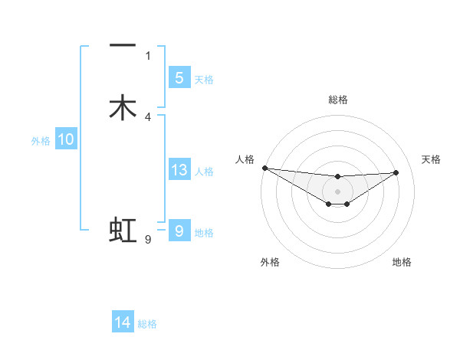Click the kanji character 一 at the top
[x=123, y=47]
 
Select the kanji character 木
[x=123, y=108]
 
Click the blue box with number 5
[x=179, y=78]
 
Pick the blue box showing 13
[x=179, y=170]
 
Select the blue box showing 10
[x=66, y=139]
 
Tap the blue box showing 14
[x=123, y=322]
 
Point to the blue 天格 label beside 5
[x=204, y=80]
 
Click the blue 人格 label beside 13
[x=204, y=172]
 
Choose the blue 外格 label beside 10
[x=41, y=141]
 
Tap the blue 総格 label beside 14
[x=147, y=324]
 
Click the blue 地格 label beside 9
[x=204, y=233]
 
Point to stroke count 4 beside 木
[x=148, y=116]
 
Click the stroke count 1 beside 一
[x=148, y=55]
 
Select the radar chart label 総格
[x=337, y=100]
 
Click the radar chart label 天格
[x=431, y=159]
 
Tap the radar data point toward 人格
[x=264, y=168]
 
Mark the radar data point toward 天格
[x=396, y=172]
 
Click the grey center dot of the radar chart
[x=337, y=191]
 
